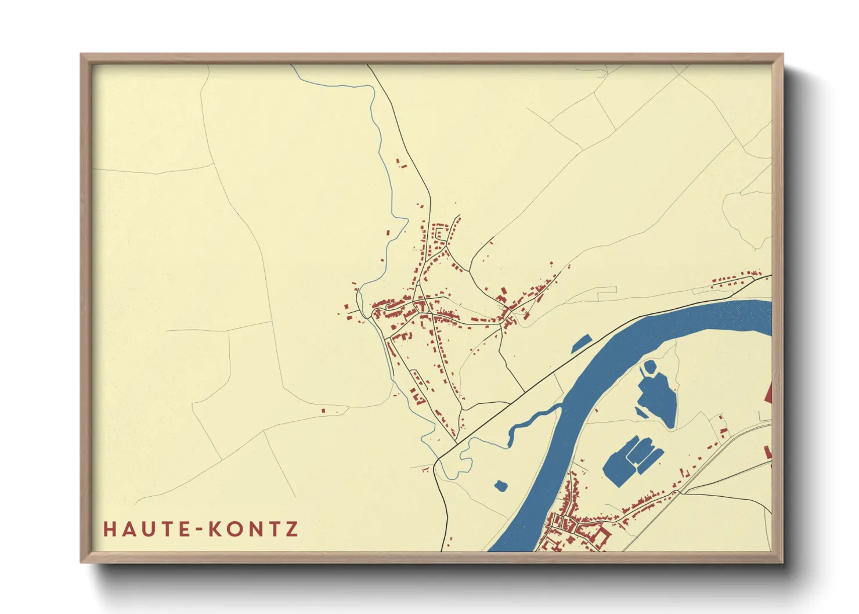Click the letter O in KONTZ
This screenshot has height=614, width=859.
233,529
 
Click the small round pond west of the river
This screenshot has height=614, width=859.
500,485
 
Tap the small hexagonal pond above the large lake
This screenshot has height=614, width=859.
649,367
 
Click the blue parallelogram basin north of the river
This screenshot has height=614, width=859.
581,344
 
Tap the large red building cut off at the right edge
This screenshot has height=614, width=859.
769,393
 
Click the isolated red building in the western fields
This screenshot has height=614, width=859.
323,411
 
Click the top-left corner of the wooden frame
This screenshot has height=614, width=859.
82,56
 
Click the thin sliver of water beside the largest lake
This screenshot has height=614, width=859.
640,413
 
